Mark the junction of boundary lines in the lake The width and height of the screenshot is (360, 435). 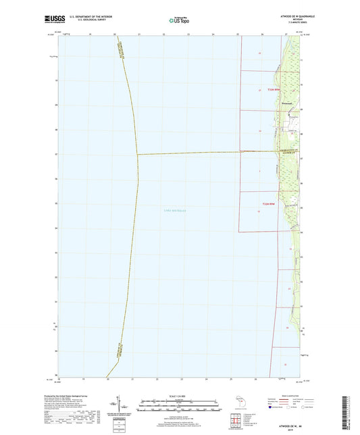(138, 154)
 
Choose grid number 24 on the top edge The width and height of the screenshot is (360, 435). (213, 34)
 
